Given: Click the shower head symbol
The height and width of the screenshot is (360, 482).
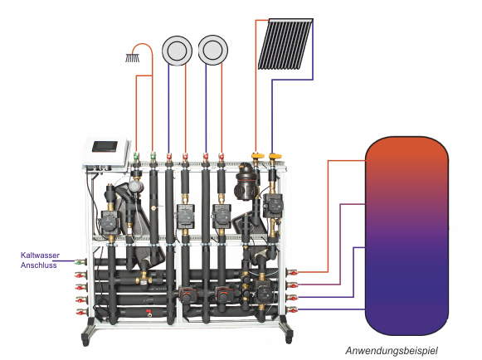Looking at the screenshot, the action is coord(133,58).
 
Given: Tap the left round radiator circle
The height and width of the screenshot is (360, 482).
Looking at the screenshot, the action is coord(177,51).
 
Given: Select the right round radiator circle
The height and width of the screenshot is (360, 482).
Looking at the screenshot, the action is coord(213,50).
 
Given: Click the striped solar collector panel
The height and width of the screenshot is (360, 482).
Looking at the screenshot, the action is coord(285,44).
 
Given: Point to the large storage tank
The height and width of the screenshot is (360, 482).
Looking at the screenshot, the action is coord(407,236).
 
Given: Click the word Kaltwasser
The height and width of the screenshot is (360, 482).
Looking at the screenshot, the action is coord(40,255).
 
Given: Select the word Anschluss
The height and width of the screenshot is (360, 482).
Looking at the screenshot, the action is coord(39,265).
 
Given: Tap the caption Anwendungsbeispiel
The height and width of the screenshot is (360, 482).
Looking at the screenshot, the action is coord(392,351).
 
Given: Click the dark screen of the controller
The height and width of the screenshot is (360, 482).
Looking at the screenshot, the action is coord(105,146).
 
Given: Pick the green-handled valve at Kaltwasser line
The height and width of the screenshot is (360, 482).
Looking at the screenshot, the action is coord(80,262).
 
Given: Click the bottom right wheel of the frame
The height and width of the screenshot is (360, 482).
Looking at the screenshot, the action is coord(289,338).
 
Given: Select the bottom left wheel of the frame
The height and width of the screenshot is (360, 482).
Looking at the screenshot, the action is coord(85,341).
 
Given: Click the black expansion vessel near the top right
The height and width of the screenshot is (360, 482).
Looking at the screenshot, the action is coord(245,182).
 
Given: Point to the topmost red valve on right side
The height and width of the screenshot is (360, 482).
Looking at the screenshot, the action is coord(292,272).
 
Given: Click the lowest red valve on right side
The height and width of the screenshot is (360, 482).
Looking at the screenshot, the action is coord(292,310).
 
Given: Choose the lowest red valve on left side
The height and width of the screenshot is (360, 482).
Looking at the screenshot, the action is coord(81,313).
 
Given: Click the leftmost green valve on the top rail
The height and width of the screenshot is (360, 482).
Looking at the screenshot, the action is coord(136,158).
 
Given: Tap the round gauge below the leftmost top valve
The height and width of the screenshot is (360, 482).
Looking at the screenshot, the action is coord(134,187).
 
